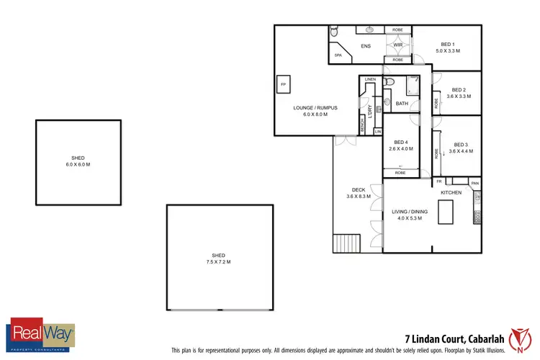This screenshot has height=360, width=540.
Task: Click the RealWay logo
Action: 41,336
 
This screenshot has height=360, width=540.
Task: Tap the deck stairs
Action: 350,243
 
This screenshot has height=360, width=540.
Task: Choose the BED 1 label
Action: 450,45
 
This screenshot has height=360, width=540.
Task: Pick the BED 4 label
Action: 400,142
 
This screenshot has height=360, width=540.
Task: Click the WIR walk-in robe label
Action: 397,45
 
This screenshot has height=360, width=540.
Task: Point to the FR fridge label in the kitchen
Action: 438,181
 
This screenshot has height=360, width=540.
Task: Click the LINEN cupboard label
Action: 370,78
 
